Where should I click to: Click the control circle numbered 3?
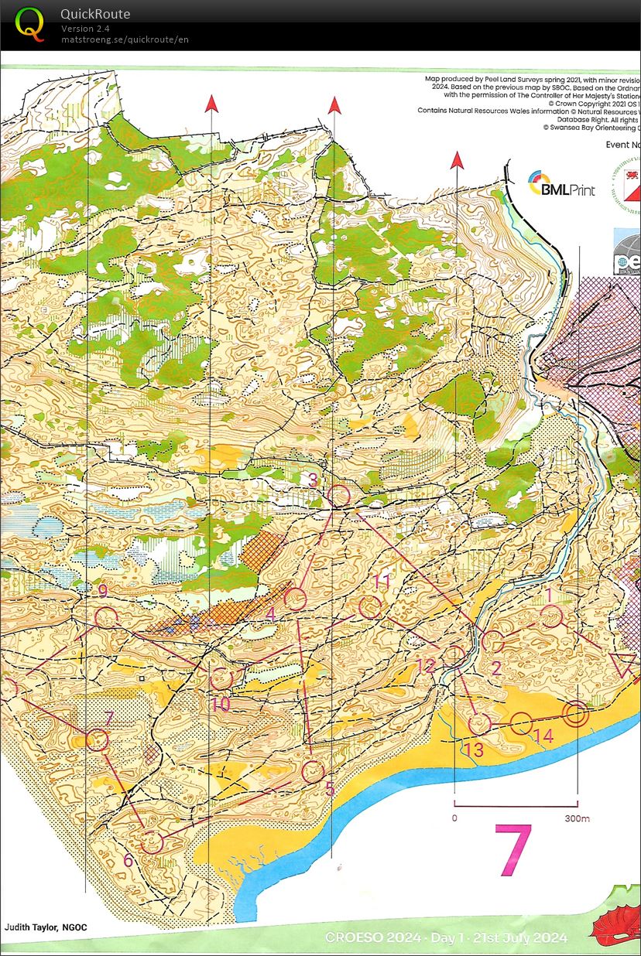pyautogui.click(x=339, y=496)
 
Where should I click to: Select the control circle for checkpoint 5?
pyautogui.click(x=313, y=771)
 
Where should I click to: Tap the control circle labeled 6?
pyautogui.click(x=153, y=841)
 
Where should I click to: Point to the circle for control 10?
pyautogui.click(x=221, y=679)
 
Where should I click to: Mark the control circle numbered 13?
pyautogui.click(x=480, y=724)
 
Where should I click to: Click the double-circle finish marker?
pyautogui.click(x=574, y=714)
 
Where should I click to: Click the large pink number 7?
pyautogui.click(x=513, y=850)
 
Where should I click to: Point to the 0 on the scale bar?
pyautogui.click(x=454, y=818)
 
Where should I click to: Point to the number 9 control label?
pyautogui.click(x=102, y=592)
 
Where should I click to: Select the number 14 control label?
pyautogui.click(x=544, y=736)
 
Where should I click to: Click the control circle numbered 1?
pyautogui.click(x=551, y=617)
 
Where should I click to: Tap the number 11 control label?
pyautogui.click(x=381, y=582)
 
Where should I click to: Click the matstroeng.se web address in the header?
pyautogui.click(x=125, y=39)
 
